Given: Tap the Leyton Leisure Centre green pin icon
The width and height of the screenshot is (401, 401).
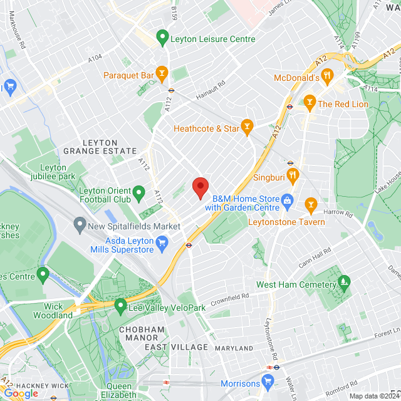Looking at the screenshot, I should point(162,38).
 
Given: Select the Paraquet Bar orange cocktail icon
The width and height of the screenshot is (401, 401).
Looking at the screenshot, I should point(162,75).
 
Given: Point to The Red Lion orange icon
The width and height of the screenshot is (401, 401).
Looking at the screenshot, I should point(309,103).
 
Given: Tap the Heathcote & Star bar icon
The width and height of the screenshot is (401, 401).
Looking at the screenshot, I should point(247,128).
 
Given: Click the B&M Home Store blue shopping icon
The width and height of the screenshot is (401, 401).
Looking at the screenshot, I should point(288,201).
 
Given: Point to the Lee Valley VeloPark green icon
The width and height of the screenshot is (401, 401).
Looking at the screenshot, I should point(120,307).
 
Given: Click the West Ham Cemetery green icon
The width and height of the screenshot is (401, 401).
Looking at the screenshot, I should point(343,284).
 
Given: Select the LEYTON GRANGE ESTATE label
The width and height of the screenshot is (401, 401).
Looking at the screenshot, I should point(100,147).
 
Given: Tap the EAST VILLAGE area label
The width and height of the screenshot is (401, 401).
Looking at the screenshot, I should point(176,347).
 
